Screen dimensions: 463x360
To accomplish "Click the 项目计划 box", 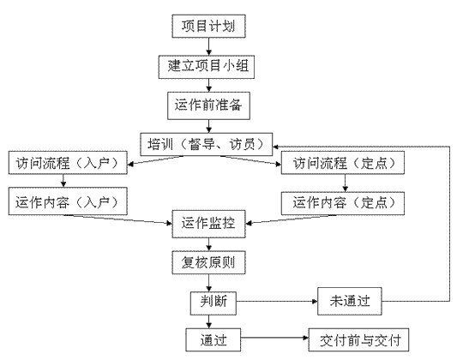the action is [x=208, y=26].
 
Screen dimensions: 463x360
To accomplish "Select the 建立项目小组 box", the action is [x=207, y=67].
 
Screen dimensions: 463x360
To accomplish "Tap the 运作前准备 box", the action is [x=208, y=105].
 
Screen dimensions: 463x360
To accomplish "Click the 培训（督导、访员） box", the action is [x=206, y=144].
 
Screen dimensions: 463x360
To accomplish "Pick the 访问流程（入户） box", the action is [x=68, y=163].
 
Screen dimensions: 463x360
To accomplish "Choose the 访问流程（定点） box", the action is [x=342, y=163].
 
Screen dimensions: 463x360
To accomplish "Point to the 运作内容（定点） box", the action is [x=342, y=203].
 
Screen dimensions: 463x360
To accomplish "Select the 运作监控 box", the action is [x=208, y=224].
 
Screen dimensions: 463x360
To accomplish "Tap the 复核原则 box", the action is [x=208, y=262].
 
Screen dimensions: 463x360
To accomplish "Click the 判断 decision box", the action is [x=213, y=303].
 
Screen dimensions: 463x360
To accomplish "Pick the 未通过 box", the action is [x=350, y=301].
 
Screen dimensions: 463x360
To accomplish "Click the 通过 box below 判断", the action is [x=213, y=339].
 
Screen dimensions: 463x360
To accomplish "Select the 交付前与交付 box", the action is [x=358, y=339].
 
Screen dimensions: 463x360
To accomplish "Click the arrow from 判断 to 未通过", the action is [x=277, y=301].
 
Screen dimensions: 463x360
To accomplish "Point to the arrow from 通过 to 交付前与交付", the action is [x=274, y=338].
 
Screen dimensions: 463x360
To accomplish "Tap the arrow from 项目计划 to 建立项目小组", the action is [x=208, y=46].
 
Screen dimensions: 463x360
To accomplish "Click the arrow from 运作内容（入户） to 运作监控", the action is [x=118, y=219].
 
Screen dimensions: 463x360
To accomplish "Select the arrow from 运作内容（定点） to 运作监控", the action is [x=291, y=219].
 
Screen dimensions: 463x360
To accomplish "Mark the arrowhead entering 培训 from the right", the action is [x=275, y=147].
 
